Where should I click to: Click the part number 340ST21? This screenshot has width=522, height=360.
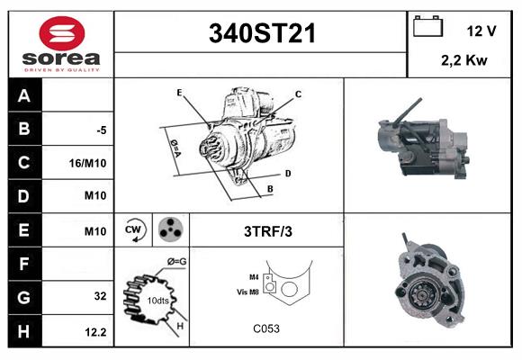[262, 33]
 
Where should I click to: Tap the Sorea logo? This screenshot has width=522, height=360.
[62, 44]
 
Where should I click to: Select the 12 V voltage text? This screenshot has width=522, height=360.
[481, 31]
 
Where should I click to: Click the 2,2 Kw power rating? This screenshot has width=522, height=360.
[463, 61]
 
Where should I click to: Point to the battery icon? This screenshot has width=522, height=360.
[427, 27]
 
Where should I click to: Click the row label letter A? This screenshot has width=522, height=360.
[23, 96]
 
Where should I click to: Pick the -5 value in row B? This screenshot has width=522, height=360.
[101, 130]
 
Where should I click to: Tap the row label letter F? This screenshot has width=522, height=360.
[23, 264]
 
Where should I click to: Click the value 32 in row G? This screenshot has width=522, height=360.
[100, 296]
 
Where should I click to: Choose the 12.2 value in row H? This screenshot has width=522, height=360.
[96, 332]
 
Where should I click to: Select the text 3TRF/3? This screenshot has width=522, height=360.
[267, 231]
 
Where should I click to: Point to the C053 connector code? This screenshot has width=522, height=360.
[266, 328]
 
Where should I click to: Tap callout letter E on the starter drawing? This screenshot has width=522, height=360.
[179, 93]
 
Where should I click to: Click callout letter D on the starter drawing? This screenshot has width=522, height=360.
[287, 173]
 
